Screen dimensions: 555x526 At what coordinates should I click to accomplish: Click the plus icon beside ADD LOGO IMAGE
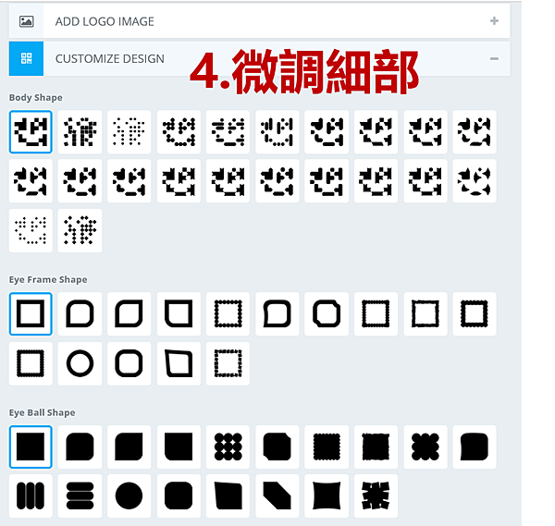(x=494, y=21)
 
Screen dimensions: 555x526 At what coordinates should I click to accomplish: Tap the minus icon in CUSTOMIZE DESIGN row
(x=494, y=58)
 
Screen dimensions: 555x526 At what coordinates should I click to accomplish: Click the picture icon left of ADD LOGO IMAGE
(x=27, y=21)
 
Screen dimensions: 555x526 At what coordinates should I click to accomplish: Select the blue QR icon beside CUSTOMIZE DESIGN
(x=26, y=58)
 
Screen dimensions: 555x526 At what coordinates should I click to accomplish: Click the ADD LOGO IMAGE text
(x=105, y=21)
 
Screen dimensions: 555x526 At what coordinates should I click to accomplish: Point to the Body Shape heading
(x=36, y=97)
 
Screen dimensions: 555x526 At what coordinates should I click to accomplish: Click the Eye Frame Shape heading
(x=48, y=279)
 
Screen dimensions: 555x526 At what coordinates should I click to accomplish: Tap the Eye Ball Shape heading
(x=43, y=412)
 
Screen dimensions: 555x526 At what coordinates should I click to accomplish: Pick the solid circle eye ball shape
(x=129, y=495)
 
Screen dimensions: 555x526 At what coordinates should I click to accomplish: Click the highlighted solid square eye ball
(x=31, y=446)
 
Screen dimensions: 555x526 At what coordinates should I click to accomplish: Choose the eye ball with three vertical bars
(x=31, y=495)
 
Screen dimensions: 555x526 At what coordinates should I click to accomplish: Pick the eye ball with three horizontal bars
(x=80, y=495)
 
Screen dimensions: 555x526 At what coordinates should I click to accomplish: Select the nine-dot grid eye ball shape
(x=228, y=446)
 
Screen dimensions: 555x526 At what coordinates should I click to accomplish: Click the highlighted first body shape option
(x=31, y=131)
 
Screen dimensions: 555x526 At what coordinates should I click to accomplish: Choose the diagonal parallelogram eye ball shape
(x=277, y=495)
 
